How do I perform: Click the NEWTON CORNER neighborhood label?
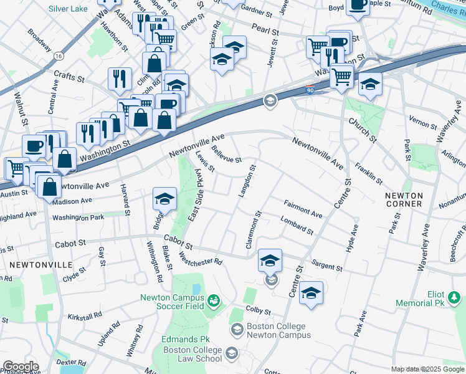point(404,200)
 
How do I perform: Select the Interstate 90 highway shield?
point(310,90)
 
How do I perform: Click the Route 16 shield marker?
point(58,56)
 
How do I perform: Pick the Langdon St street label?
point(245,181)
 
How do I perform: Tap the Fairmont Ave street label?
point(303,209)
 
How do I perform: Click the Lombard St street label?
point(297,226)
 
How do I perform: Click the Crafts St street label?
point(69,77)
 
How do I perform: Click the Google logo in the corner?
point(21,366)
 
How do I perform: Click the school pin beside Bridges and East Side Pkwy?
point(164,199)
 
